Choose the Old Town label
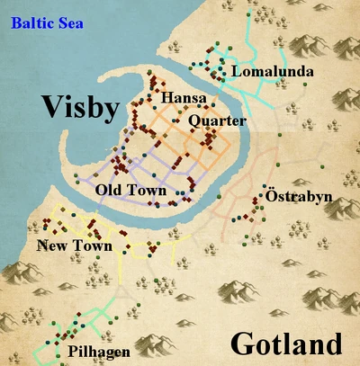(130, 192)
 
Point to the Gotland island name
(286, 344)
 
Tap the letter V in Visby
(49, 110)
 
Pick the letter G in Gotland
(242, 344)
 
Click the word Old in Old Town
(109, 192)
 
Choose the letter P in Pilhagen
(71, 352)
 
